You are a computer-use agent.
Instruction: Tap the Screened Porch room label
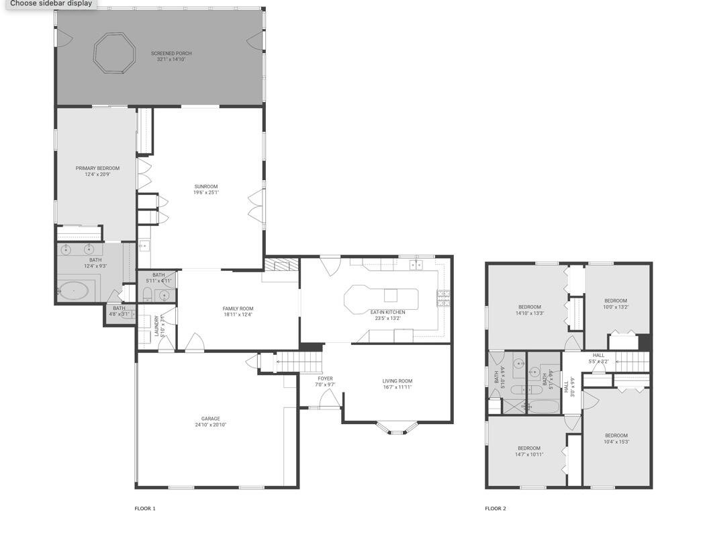(x=167, y=54)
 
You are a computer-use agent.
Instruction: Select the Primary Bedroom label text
(x=97, y=169)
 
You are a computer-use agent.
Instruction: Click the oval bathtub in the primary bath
(x=73, y=291)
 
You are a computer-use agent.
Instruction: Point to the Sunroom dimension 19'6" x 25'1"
(x=206, y=193)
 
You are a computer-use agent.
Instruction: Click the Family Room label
(x=238, y=309)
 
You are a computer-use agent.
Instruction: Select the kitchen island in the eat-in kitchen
(x=380, y=298)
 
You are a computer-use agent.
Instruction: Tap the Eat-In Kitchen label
(x=387, y=313)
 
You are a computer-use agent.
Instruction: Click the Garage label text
(x=210, y=419)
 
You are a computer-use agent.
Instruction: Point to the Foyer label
(x=325, y=379)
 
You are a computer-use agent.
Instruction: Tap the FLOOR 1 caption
(x=145, y=509)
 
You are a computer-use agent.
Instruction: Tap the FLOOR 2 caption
(x=496, y=509)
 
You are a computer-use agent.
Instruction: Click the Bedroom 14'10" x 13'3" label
(x=528, y=307)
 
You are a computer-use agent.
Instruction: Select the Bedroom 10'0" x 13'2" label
(x=615, y=301)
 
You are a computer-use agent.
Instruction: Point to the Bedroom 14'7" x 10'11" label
(x=528, y=448)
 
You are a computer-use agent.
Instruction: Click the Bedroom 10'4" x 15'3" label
(x=616, y=436)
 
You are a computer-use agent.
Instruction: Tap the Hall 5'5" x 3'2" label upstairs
(x=598, y=356)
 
